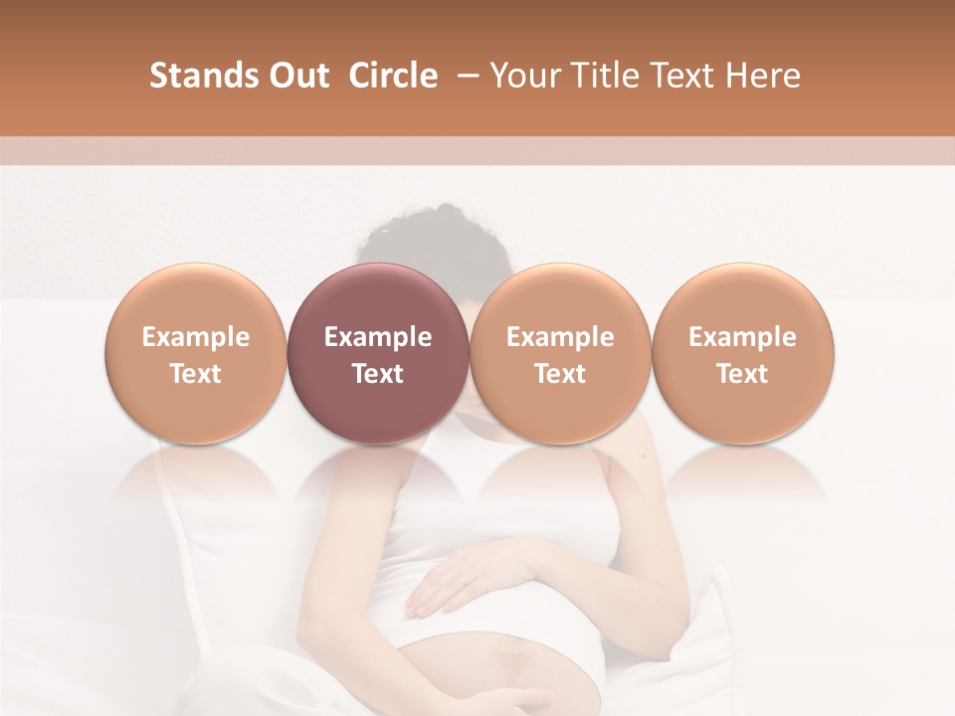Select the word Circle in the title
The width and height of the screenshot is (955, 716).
tap(393, 76)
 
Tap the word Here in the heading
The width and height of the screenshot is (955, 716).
tap(762, 76)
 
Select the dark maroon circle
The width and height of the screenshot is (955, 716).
tap(378, 353)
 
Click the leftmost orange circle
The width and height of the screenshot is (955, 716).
tap(195, 353)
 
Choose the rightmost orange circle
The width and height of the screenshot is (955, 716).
tap(742, 353)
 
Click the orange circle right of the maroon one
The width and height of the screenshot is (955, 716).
tap(560, 353)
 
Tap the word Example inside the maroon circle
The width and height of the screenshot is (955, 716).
tap(378, 337)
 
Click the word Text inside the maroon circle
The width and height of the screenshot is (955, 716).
tap(378, 374)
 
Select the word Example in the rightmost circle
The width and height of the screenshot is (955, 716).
tap(742, 337)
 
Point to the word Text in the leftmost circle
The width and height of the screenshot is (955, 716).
tap(195, 374)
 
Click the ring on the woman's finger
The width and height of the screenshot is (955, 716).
tap(465, 578)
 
